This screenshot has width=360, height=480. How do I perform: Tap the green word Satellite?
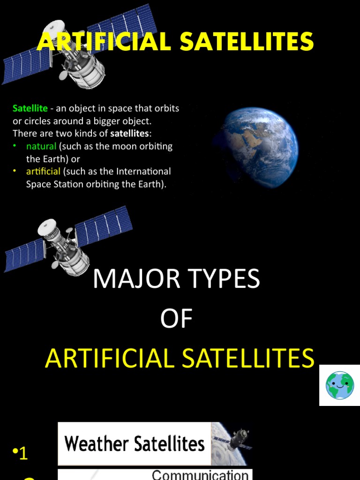coord(30,109)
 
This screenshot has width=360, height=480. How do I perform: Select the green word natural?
coord(41,146)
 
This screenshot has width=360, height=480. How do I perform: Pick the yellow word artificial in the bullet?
coord(43,171)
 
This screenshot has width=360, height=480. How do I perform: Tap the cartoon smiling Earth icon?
coord(340,385)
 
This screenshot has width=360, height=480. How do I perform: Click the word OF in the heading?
coord(176,319)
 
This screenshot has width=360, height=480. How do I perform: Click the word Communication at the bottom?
coord(200,474)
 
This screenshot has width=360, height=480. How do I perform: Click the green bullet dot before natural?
coord(15,146)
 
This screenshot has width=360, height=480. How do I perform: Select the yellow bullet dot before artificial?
coord(15,171)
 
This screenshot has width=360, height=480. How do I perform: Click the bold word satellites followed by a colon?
coord(129,134)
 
